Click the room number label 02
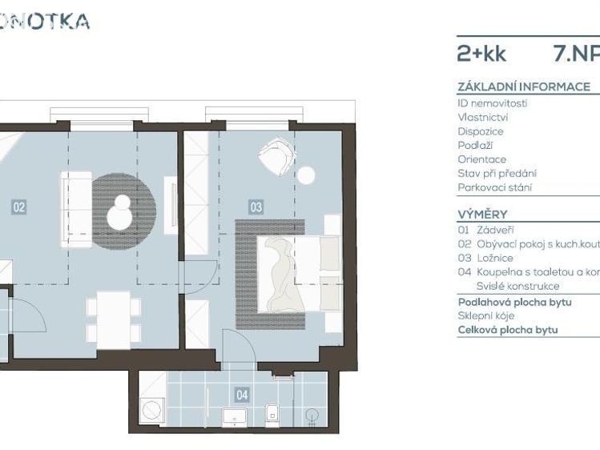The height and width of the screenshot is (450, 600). (x=19, y=207)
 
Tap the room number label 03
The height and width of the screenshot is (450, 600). (x=256, y=207)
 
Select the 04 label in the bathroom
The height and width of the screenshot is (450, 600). (x=242, y=394)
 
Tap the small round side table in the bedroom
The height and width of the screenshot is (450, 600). (x=307, y=174)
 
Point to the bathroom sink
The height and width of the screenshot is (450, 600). (x=232, y=415)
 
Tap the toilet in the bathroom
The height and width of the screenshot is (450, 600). (x=272, y=413)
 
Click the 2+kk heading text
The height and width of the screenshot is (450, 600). (x=481, y=54)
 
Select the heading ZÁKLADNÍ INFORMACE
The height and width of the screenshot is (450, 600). (x=523, y=86)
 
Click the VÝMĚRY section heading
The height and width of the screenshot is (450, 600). (x=482, y=215)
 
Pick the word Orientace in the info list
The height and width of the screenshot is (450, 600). (x=481, y=159)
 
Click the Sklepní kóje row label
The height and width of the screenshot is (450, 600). (x=485, y=315)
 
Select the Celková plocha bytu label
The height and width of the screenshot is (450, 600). (x=507, y=330)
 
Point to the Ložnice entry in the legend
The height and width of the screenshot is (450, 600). (x=494, y=258)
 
